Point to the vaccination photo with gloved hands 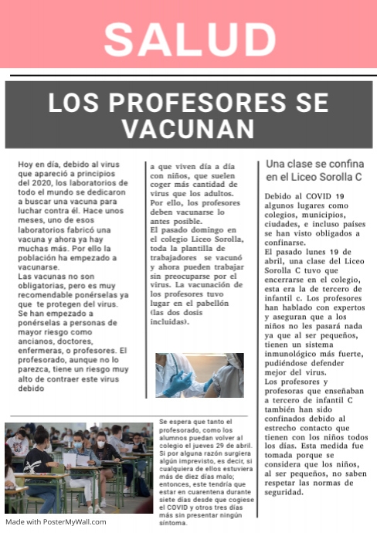[x=199, y=375]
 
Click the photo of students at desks [x=79, y=467]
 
